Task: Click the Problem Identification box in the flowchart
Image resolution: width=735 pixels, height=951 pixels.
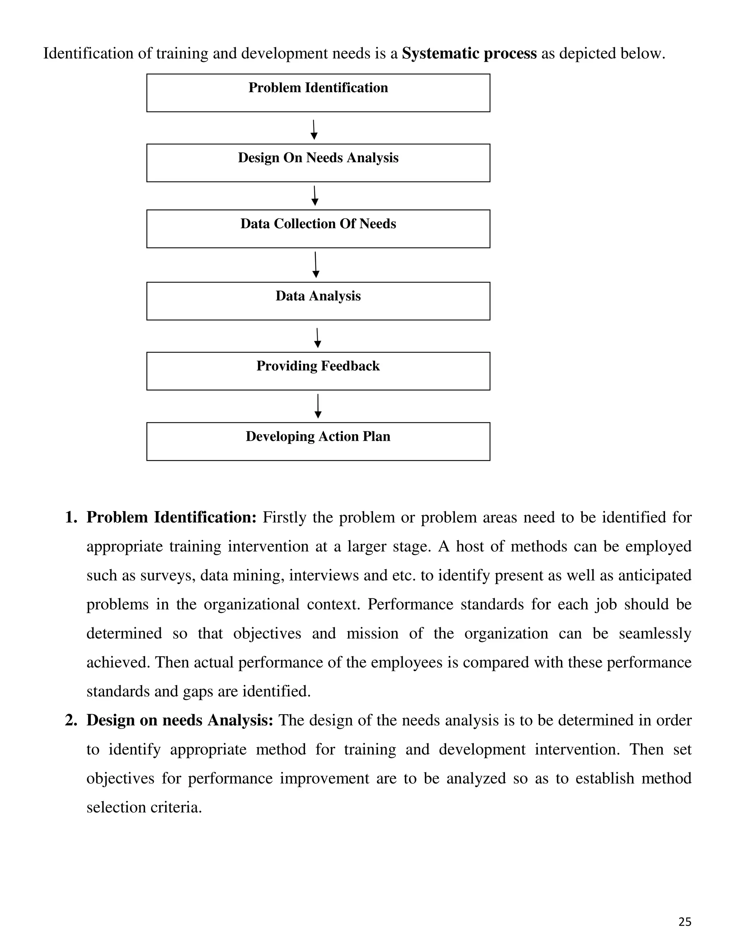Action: pyautogui.click(x=318, y=93)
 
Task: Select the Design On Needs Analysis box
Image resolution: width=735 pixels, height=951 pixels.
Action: pyautogui.click(x=318, y=163)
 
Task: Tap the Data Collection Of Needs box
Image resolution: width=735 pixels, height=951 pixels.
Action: pyautogui.click(x=318, y=229)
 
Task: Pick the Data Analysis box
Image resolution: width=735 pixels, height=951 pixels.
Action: pyautogui.click(x=318, y=301)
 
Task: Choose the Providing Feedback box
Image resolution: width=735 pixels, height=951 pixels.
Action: pyautogui.click(x=318, y=371)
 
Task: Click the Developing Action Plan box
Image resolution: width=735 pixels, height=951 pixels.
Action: pyautogui.click(x=318, y=441)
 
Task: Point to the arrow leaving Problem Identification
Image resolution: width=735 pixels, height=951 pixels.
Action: pyautogui.click(x=314, y=130)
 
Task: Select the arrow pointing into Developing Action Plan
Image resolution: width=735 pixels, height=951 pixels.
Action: pyautogui.click(x=318, y=406)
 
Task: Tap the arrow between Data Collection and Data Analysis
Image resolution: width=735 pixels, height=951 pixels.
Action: pyautogui.click(x=316, y=264)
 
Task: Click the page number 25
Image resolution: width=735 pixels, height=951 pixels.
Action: pyautogui.click(x=684, y=921)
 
